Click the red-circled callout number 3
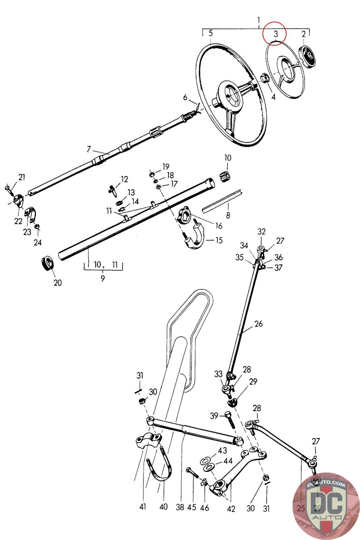pos(276,34)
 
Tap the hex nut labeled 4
pos(265,78)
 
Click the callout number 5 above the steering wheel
pos(211,33)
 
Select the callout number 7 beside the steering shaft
pos(89,148)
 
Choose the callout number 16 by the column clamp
pos(219,226)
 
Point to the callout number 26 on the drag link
pos(258,324)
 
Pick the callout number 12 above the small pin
pos(124,179)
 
